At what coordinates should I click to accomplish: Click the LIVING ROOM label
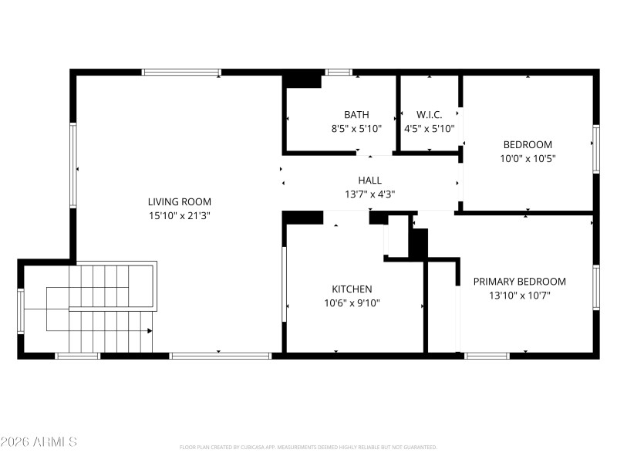pyautogui.click(x=179, y=202)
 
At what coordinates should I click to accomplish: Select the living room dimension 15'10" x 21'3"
pyautogui.click(x=179, y=216)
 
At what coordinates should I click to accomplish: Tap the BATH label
pyautogui.click(x=356, y=115)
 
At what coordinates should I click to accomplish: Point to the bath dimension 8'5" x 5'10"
pyautogui.click(x=356, y=129)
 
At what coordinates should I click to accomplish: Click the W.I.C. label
pyautogui.click(x=430, y=115)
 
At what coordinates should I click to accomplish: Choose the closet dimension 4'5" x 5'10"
pyautogui.click(x=430, y=129)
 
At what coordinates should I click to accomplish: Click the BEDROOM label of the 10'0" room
pyautogui.click(x=528, y=144)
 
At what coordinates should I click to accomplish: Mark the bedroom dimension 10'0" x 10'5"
pyautogui.click(x=528, y=158)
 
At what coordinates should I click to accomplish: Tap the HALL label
pyautogui.click(x=369, y=181)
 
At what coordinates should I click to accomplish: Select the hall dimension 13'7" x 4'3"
pyautogui.click(x=369, y=194)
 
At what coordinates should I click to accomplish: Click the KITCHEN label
pyautogui.click(x=351, y=289)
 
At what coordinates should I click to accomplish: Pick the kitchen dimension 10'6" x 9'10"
pyautogui.click(x=351, y=303)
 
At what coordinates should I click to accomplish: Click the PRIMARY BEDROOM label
pyautogui.click(x=519, y=282)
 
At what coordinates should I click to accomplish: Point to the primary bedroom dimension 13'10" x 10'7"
pyautogui.click(x=519, y=296)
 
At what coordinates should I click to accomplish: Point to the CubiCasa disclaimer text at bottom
pyautogui.click(x=308, y=447)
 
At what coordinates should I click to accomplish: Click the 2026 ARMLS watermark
pyautogui.click(x=39, y=442)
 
